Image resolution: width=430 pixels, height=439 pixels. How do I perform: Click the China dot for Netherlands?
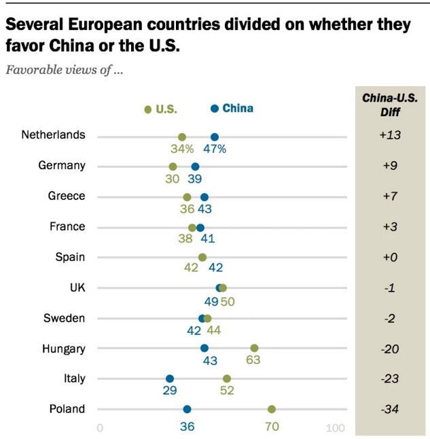[x=215, y=137]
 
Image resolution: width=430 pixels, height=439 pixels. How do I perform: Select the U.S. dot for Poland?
[x=272, y=409]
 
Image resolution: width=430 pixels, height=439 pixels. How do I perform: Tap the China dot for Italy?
[x=170, y=379]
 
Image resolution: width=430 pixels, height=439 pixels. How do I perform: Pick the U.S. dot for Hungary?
[x=254, y=348]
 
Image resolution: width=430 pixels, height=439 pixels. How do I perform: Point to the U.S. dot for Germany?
[x=173, y=166]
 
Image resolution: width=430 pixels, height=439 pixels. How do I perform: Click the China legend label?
[x=238, y=108]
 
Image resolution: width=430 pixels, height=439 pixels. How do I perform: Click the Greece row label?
[x=67, y=196]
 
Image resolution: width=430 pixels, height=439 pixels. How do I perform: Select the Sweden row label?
[x=64, y=318]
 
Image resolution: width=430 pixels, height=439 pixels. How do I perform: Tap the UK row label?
[x=77, y=287]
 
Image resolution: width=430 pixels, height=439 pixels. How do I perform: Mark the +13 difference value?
[x=390, y=135]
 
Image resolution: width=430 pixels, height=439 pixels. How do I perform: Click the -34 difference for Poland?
[x=390, y=409]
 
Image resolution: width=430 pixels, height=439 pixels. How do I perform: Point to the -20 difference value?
[x=390, y=349]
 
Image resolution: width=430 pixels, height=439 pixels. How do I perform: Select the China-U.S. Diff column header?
[x=390, y=105]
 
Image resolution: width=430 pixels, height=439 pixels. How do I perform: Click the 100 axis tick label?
[x=336, y=428]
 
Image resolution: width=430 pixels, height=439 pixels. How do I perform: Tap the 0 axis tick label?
[x=100, y=428]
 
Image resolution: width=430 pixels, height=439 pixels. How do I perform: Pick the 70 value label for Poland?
[x=272, y=427]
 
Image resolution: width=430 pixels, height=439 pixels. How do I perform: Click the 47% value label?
[x=215, y=150]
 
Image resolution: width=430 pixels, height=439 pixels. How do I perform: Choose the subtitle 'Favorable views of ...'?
[x=64, y=70]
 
